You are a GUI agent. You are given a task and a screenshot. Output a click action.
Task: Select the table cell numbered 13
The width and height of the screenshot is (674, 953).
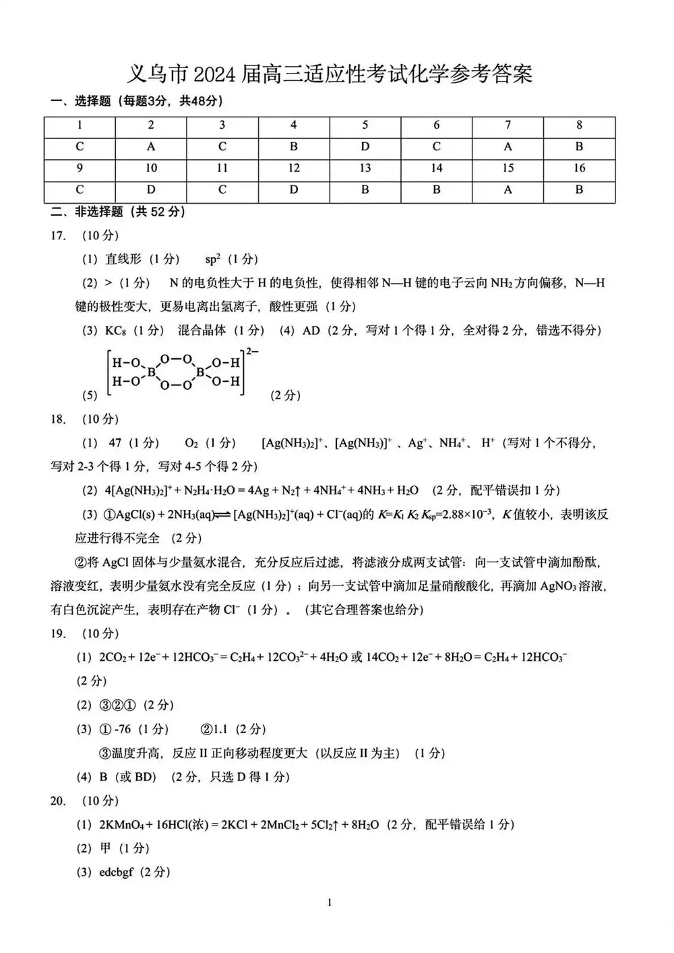[365, 168]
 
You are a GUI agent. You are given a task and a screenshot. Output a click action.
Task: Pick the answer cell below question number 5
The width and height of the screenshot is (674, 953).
[365, 146]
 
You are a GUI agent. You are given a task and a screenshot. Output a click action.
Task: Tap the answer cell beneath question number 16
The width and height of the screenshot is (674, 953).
[579, 190]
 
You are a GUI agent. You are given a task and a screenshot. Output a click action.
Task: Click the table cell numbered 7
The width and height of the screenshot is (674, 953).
[508, 125]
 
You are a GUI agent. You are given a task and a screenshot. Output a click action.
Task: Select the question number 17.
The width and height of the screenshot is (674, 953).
[59, 235]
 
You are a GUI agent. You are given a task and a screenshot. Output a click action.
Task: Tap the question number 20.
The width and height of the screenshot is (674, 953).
[59, 801]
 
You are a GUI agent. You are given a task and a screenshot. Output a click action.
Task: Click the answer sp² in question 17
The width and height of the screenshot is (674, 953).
[213, 259]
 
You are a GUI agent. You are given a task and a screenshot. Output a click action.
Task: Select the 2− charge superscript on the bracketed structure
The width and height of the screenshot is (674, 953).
[253, 351]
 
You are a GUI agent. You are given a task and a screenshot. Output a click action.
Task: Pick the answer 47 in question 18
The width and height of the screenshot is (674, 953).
[115, 443]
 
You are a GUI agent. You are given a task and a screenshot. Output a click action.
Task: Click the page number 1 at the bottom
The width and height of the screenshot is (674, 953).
[330, 902]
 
